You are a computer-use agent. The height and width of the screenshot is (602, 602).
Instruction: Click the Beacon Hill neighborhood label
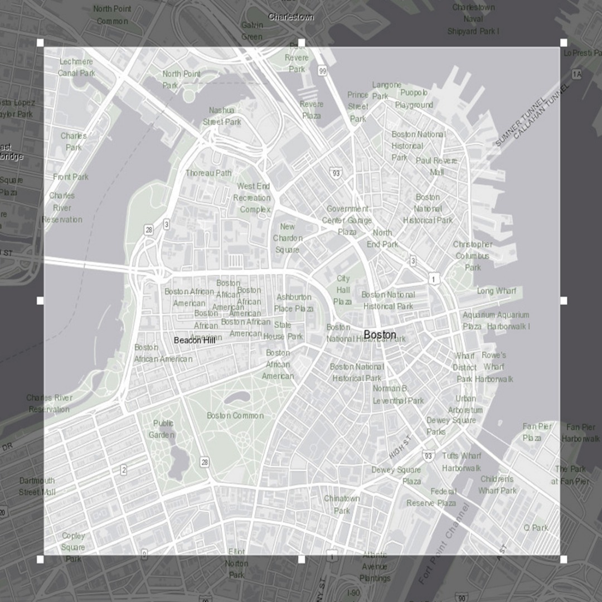click(x=194, y=340)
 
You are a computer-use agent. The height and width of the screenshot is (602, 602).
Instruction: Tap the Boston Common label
click(x=235, y=415)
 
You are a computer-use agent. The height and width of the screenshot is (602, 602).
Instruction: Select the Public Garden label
click(x=163, y=429)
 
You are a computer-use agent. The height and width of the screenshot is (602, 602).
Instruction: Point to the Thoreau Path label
click(x=208, y=173)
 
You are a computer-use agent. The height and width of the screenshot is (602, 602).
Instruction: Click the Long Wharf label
click(x=496, y=291)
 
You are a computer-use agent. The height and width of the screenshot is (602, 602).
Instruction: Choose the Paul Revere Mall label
click(x=436, y=166)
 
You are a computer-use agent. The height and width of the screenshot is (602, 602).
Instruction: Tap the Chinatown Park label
click(x=342, y=504)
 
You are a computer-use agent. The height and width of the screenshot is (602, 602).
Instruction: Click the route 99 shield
click(x=322, y=71)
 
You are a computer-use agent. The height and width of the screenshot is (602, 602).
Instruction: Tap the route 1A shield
click(x=576, y=74)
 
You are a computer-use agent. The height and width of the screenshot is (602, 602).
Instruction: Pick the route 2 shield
click(x=123, y=470)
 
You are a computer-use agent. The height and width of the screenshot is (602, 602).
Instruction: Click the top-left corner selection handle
click(x=40, y=43)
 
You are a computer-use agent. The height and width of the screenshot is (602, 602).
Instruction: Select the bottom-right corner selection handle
click(x=564, y=559)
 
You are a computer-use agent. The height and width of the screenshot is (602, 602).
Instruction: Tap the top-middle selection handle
click(x=302, y=43)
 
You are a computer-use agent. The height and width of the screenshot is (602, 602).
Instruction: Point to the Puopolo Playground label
click(x=414, y=99)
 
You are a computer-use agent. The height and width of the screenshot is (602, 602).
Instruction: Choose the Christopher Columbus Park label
click(x=473, y=256)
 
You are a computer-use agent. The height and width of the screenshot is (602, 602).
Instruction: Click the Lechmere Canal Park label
click(x=76, y=67)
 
